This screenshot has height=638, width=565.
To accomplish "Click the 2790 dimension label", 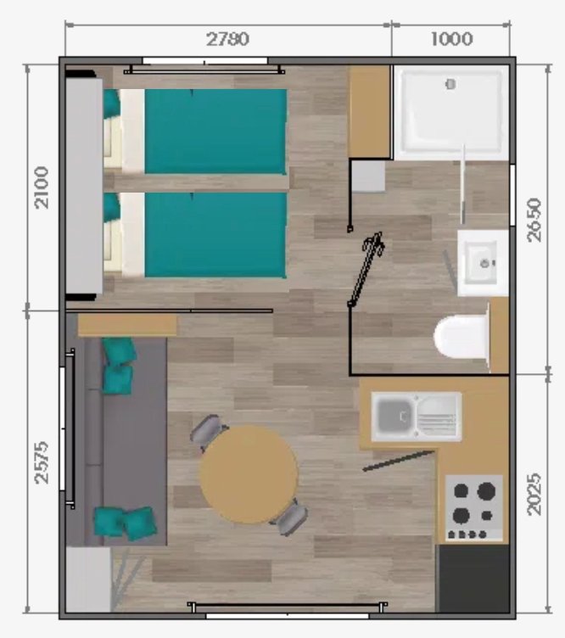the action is click(x=227, y=40).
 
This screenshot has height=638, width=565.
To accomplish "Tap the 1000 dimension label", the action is click(x=451, y=39).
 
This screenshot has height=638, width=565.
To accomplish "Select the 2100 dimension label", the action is click(x=42, y=187).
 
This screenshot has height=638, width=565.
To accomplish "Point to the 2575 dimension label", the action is click(x=42, y=462).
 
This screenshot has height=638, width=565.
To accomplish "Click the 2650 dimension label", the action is click(x=534, y=220).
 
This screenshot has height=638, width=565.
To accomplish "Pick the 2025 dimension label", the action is click(x=534, y=494).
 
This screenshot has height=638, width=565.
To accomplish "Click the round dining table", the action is click(x=249, y=474).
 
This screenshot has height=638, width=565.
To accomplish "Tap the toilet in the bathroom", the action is click(x=462, y=336).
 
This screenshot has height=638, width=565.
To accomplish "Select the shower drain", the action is click(x=450, y=84).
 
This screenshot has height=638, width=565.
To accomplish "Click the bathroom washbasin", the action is click(x=483, y=263).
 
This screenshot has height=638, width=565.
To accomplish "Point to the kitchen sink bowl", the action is click(x=394, y=416).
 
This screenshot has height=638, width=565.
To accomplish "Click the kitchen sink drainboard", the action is click(x=437, y=417).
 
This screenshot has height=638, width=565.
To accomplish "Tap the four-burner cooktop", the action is click(x=474, y=507).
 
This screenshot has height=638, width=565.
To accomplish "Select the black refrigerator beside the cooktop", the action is click(x=473, y=578).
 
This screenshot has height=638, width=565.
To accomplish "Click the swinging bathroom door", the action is click(x=366, y=269).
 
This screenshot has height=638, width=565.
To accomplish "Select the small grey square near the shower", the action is click(x=368, y=176).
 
